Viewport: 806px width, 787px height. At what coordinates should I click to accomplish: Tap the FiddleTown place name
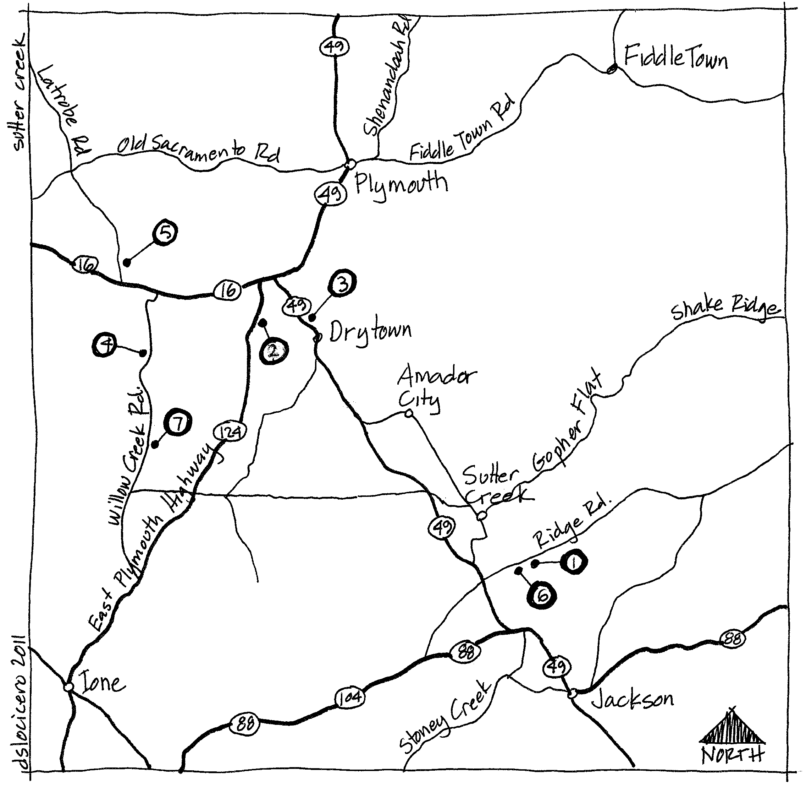(675, 58)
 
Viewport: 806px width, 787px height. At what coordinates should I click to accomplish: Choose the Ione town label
(101, 683)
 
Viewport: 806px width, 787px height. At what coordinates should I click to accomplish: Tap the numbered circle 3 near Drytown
(342, 283)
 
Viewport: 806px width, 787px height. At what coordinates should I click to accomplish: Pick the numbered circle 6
(541, 596)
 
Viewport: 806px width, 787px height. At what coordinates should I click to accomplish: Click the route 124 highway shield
(230, 432)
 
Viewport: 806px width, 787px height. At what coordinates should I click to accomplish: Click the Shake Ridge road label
(725, 308)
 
